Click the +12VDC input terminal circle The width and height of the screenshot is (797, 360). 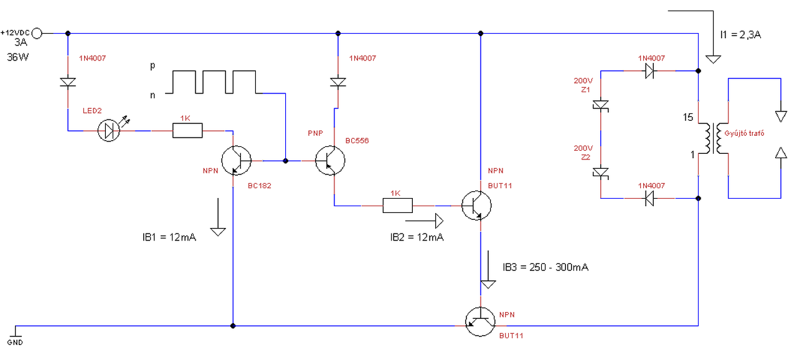point(37,34)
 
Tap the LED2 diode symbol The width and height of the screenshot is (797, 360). point(109,131)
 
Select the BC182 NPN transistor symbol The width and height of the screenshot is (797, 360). point(236,161)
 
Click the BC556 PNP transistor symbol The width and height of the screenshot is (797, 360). point(330,161)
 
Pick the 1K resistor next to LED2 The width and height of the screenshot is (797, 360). point(187,131)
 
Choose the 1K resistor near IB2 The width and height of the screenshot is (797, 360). point(398,206)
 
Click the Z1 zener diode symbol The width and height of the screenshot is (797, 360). point(601,106)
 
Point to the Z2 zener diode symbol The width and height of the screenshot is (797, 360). point(601,173)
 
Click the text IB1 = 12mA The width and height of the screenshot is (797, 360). point(169,237)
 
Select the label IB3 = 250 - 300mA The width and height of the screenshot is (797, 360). point(545,267)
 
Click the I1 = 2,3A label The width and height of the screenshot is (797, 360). point(740,35)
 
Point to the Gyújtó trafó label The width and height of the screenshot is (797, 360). point(744,133)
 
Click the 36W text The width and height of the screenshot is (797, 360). point(18,57)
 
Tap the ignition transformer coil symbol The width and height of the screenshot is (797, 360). point(713,138)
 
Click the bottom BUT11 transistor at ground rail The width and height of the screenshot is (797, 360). point(480,321)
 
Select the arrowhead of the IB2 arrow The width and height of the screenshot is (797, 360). point(440,221)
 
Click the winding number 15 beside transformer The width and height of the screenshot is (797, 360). point(688,117)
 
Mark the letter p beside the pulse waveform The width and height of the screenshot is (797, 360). point(153,66)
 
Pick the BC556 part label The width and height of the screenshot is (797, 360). point(357,141)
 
